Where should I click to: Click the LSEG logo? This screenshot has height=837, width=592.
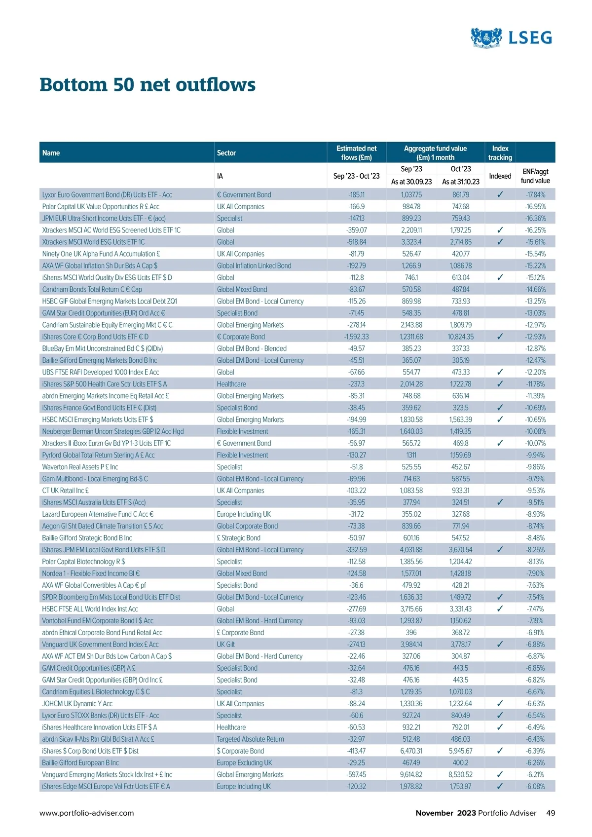pos(511,38)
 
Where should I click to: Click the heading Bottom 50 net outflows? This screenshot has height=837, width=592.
pos(148,85)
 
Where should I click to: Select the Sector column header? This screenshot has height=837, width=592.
pos(226,153)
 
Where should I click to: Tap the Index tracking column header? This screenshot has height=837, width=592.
pos(500,153)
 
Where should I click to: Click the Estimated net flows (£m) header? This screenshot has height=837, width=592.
pos(356,153)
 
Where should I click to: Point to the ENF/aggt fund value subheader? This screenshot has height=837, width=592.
pos(535,176)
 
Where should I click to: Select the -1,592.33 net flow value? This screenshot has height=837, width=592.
pos(356,337)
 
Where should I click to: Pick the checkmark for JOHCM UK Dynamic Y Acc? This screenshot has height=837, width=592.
pos(500,704)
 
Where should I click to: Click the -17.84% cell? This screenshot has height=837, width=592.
pos(535,195)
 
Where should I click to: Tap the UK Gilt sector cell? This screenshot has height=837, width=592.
pos(226,645)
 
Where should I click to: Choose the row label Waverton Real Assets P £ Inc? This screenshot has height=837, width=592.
pos(80,467)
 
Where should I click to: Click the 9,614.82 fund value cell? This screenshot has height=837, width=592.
pos(411,775)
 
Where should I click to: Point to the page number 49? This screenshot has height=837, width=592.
pos(551,813)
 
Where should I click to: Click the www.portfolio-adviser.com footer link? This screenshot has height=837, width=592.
pos(87,813)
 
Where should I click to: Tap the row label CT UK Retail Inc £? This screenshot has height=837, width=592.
pos(66,491)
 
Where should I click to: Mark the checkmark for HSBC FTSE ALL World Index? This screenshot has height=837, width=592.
pos(500,609)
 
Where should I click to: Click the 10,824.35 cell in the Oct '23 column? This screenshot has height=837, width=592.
pos(460,337)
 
